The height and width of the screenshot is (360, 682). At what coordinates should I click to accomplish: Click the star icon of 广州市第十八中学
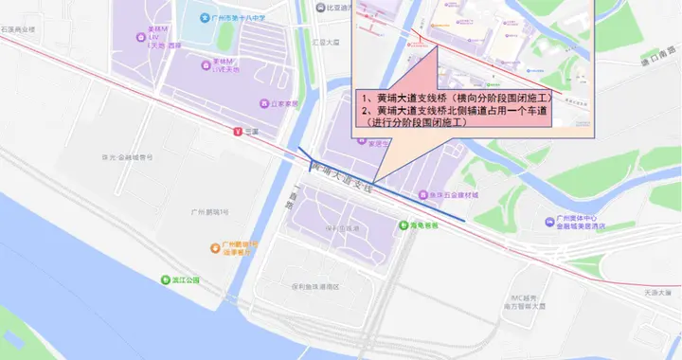204,18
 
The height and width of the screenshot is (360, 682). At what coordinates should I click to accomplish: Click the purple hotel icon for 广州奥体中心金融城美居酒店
550,222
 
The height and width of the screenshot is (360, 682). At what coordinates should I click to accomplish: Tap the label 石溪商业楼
18,29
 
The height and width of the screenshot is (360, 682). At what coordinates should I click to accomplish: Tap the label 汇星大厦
326,43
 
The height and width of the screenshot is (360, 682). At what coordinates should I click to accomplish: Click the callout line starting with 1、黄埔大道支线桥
457,97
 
